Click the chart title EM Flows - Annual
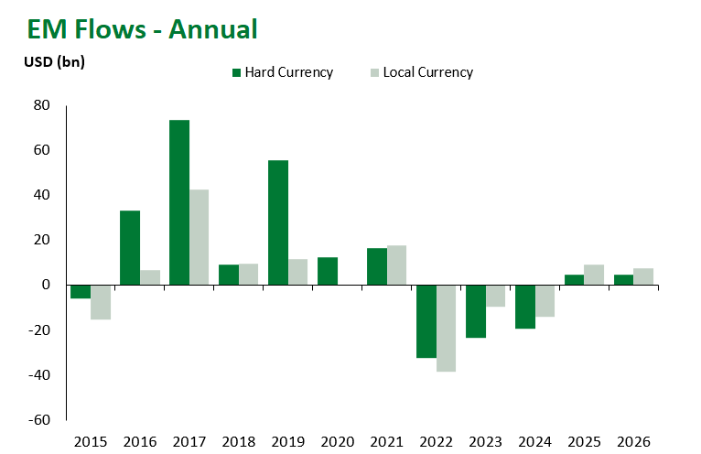[142, 28]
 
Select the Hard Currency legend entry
[283, 72]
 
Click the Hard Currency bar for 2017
[179, 202]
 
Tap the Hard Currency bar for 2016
[130, 248]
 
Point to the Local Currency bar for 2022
[447, 328]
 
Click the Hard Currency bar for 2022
[426, 321]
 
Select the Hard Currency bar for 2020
[328, 271]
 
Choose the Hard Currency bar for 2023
[476, 311]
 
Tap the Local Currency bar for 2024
[545, 300]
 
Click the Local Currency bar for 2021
[397, 265]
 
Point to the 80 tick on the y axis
[42, 105]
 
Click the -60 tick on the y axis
[38, 420]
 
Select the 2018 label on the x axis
[238, 441]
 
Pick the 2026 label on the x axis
[633, 441]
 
